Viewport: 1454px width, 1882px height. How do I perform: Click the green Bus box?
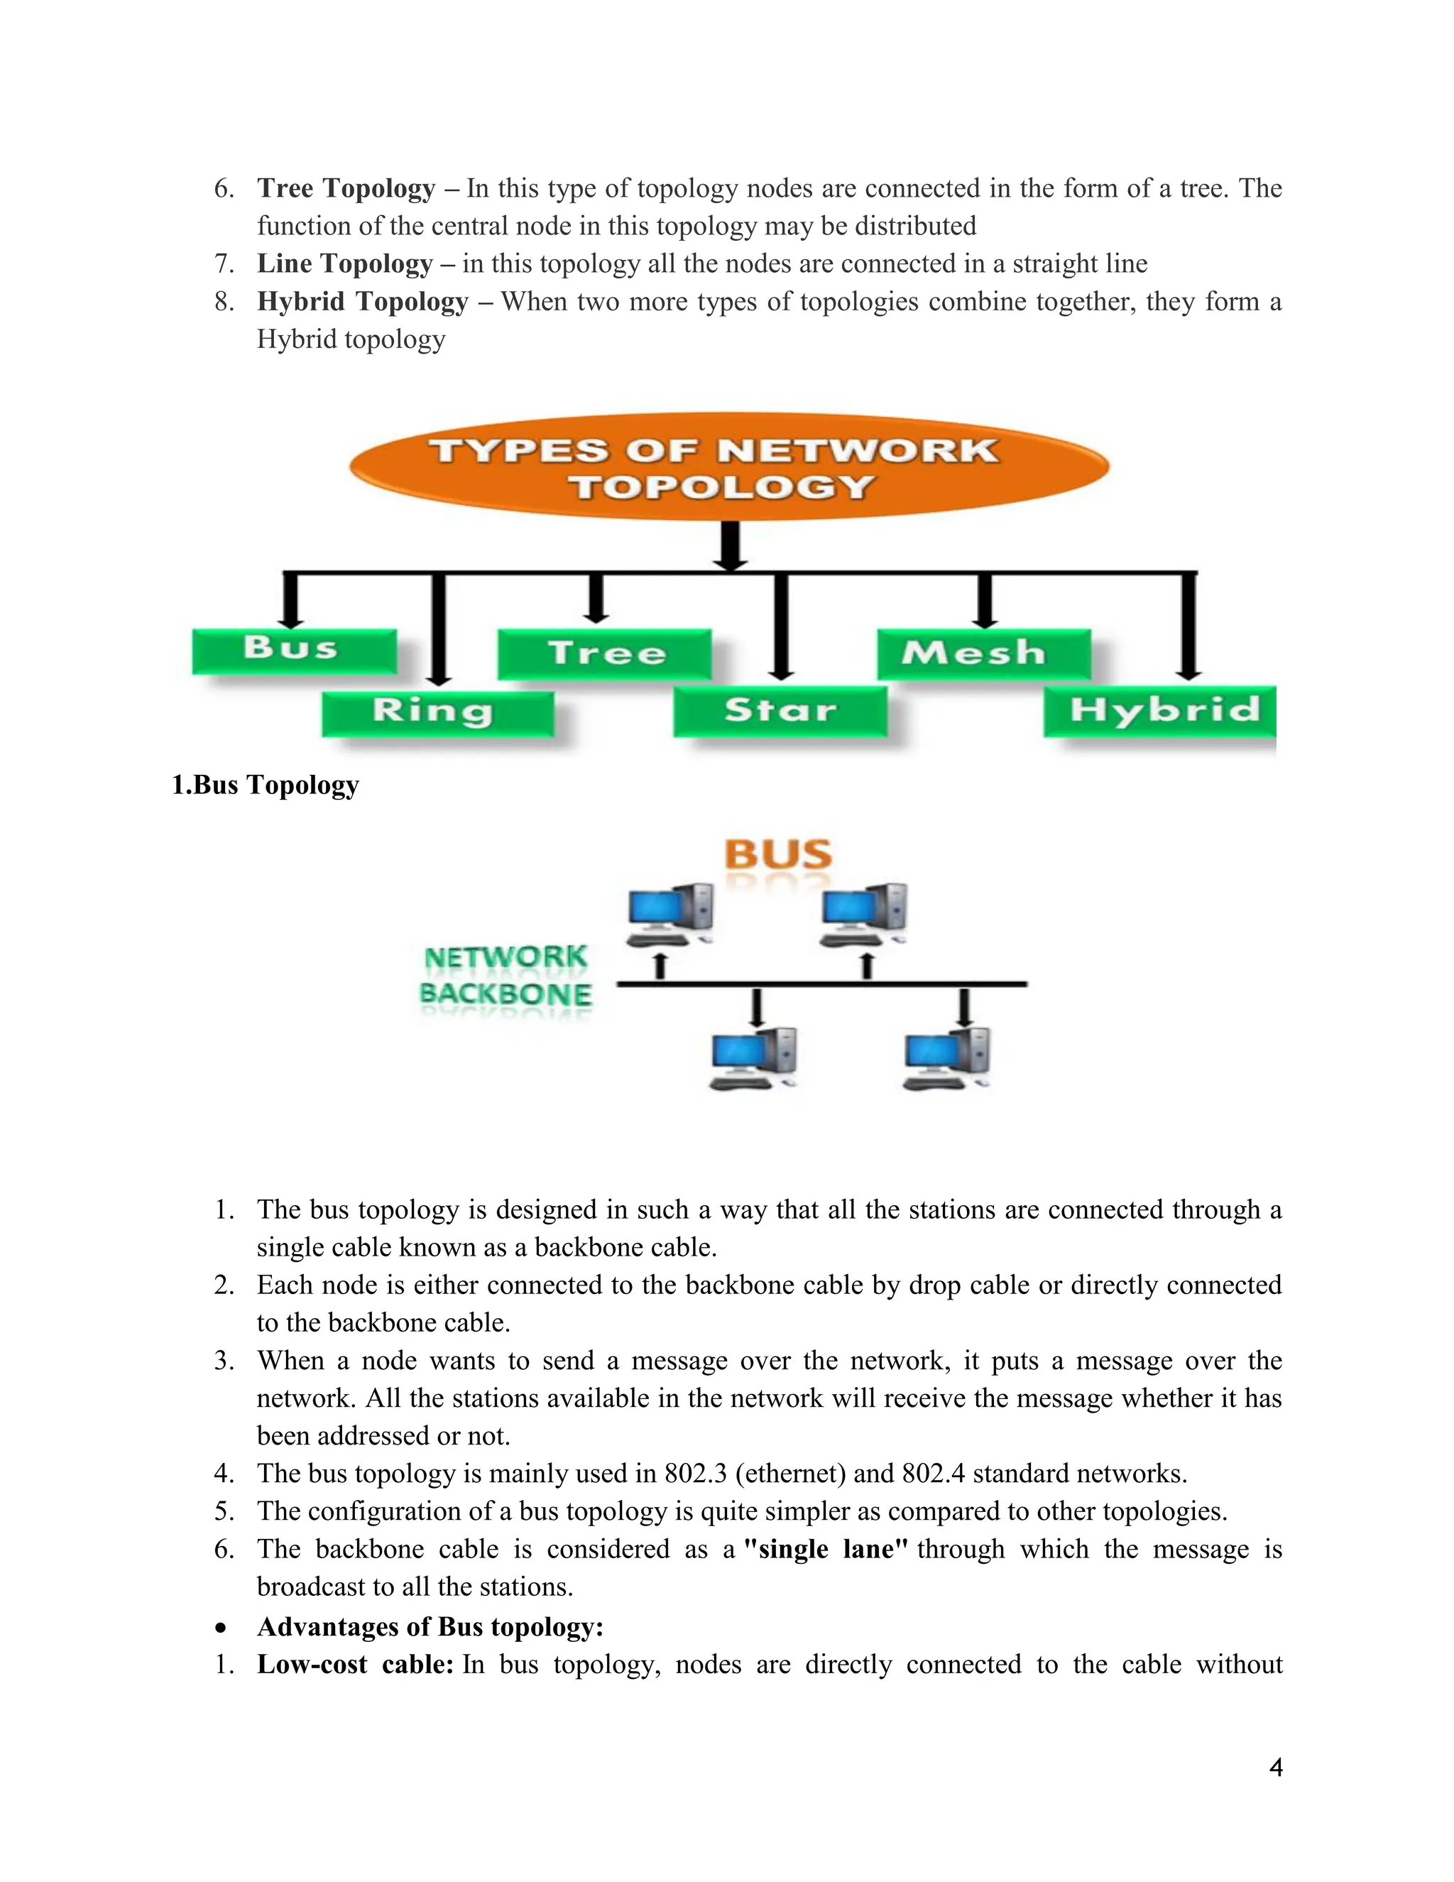[x=294, y=651]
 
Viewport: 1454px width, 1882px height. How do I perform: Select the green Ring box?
[x=437, y=712]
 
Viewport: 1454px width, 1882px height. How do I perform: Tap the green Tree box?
[x=605, y=653]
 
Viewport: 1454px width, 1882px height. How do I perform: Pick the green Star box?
[x=780, y=712]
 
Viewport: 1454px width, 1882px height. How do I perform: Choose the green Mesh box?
[x=983, y=653]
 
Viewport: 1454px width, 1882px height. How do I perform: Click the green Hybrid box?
[x=1159, y=712]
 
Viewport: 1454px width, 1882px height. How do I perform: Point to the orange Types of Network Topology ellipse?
[x=728, y=466]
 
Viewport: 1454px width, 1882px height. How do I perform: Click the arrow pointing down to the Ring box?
[x=439, y=629]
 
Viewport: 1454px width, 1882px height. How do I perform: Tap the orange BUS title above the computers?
[x=778, y=855]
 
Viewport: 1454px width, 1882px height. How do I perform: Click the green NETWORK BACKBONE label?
[x=505, y=977]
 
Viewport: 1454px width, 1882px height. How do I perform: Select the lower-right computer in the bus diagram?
[x=946, y=1058]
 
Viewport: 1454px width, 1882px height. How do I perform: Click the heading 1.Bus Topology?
[x=266, y=785]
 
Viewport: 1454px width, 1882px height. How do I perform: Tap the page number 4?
[x=1276, y=1768]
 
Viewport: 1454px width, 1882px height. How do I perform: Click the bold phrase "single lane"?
[x=825, y=1548]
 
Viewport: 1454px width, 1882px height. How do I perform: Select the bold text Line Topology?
[x=344, y=263]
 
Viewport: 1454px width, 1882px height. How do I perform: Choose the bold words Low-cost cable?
[x=355, y=1664]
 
